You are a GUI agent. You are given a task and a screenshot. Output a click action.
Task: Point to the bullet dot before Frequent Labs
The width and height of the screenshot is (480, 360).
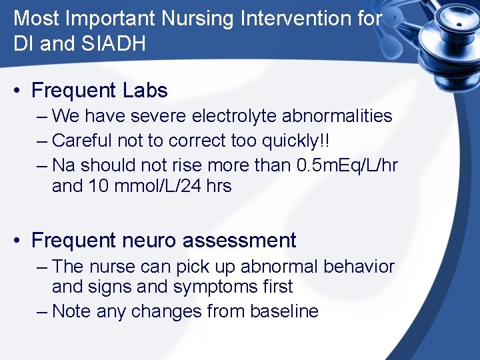(19, 91)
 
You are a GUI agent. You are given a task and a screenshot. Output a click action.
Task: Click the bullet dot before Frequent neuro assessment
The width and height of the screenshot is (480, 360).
(19, 241)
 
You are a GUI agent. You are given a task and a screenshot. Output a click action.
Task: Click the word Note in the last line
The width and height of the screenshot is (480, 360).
(71, 311)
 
